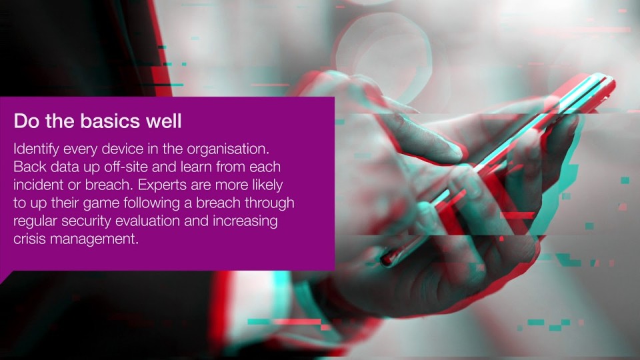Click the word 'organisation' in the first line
point(228,149)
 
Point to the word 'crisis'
point(29,239)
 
